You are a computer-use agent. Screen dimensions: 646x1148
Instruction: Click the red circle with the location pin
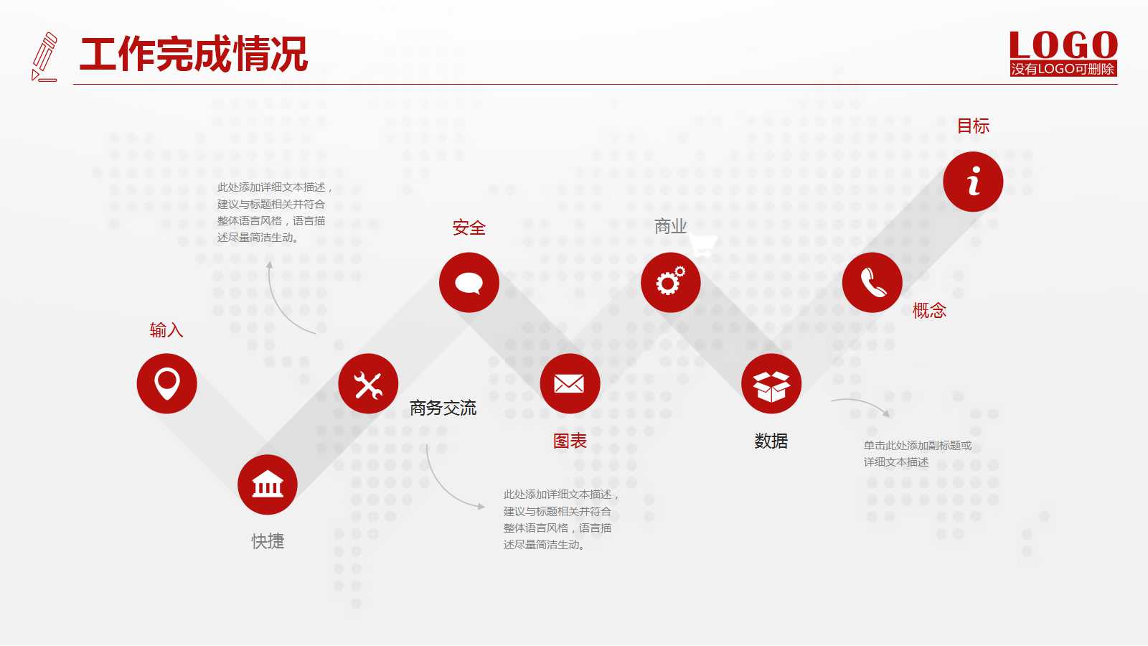tap(166, 383)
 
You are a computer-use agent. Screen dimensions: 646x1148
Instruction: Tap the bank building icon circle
tap(268, 484)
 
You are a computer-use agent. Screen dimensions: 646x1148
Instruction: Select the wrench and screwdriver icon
tap(368, 384)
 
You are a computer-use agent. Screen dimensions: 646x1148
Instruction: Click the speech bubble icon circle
tap(469, 283)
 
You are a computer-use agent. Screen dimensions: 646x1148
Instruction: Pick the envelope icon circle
tap(570, 384)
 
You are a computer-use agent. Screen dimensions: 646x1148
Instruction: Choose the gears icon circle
tap(671, 283)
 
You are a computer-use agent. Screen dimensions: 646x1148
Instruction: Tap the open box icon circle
tap(771, 384)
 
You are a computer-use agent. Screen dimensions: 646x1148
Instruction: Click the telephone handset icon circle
tap(872, 283)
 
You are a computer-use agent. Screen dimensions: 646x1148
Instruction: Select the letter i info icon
tap(973, 182)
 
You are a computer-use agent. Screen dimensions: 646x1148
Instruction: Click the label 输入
tap(166, 329)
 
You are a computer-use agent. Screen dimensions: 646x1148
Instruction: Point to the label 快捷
tap(268, 541)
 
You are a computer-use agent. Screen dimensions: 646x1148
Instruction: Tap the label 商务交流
tap(443, 408)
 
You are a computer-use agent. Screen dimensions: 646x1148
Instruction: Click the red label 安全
tap(469, 228)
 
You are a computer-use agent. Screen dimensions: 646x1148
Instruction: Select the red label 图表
tap(570, 441)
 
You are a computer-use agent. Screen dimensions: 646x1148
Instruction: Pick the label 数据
tap(771, 441)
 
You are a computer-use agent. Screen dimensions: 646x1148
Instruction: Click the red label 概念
tap(929, 311)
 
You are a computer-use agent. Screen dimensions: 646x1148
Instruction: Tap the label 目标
tap(973, 126)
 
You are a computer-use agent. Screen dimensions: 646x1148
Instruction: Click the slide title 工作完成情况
tap(194, 55)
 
